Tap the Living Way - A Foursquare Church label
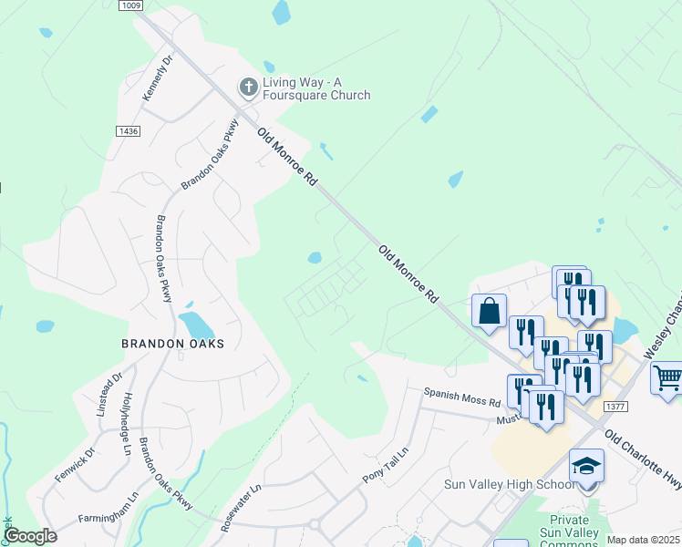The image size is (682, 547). coord(316,88)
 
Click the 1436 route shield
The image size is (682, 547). coord(128,131)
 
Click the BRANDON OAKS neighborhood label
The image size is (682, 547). coord(172,344)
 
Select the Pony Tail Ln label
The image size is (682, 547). coord(386,465)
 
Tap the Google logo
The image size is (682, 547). coord(30,536)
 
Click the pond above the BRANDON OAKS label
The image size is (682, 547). coord(196,324)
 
